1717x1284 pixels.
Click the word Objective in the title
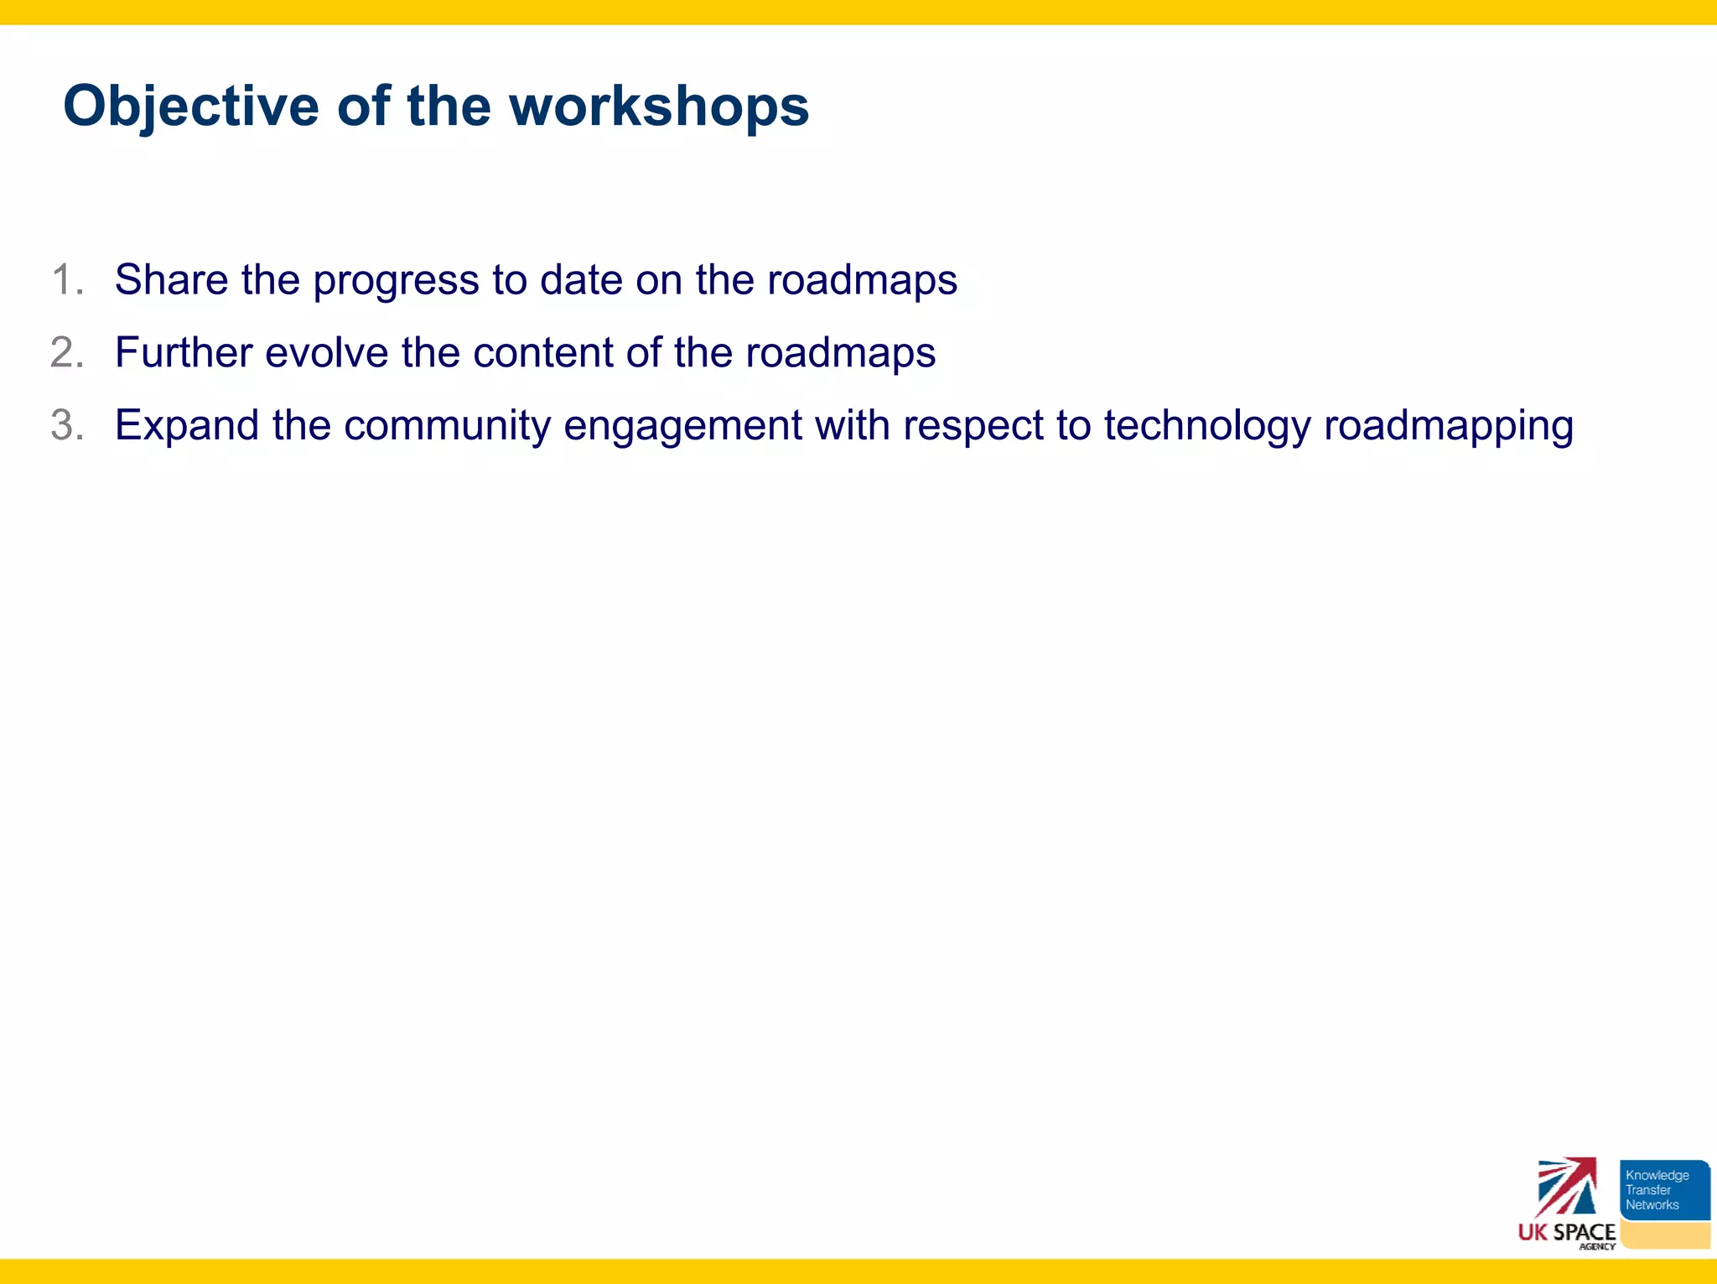191,107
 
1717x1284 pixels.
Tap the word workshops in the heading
659,107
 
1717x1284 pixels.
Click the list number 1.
67,279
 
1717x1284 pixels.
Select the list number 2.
67,352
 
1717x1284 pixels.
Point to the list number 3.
67,425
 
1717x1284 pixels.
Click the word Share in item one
171,279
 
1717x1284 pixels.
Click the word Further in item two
184,352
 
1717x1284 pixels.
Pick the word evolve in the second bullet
327,352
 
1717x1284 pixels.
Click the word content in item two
543,352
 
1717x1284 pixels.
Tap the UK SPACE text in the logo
1566,1232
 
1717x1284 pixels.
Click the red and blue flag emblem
1566,1187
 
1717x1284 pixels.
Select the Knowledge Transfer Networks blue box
1663,1189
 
